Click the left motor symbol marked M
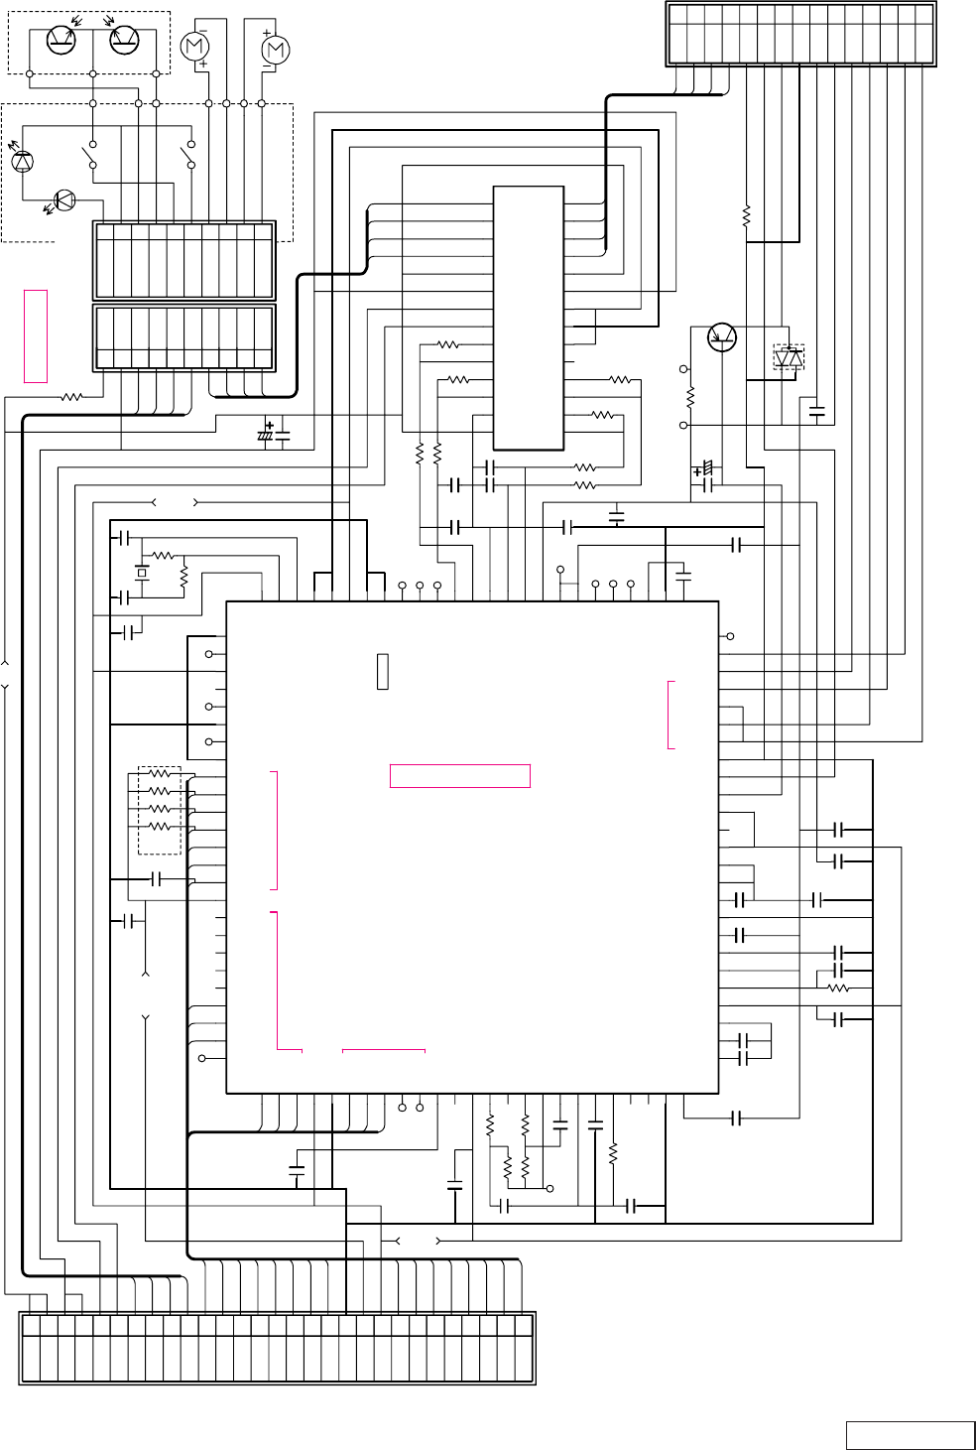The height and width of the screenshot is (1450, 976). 195,46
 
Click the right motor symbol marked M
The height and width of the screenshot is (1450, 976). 275,49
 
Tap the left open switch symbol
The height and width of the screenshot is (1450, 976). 90,155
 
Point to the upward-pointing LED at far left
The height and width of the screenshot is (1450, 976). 22,160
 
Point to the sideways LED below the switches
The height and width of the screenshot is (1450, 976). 63,200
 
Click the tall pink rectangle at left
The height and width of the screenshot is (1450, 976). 36,335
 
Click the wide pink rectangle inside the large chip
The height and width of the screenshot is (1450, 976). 460,776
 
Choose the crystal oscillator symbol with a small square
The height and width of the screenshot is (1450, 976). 142,573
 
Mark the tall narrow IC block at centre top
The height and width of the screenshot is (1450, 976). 529,318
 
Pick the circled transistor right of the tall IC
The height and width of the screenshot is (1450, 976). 722,337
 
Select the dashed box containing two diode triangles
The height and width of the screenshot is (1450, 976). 789,355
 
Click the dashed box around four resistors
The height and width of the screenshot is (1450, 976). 159,810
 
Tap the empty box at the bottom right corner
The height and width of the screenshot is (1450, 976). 910,1435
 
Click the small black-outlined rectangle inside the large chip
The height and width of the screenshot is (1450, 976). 383,672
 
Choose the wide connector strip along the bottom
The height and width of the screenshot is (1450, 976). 277,1347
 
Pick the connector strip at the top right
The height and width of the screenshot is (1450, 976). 800,35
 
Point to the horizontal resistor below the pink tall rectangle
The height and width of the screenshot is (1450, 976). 71,397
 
